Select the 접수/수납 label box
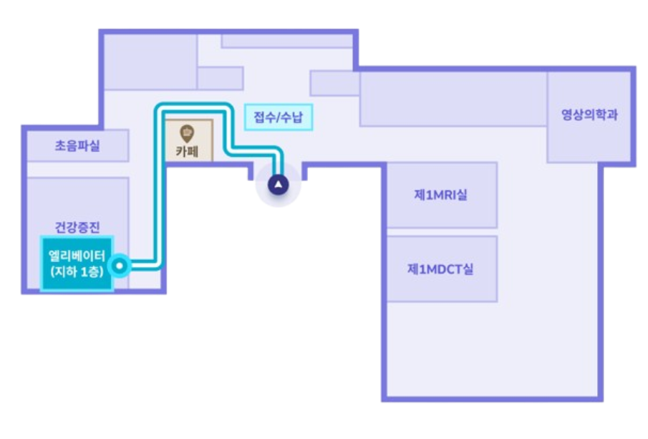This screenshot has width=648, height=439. coord(279,117)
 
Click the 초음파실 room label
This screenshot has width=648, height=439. coord(77,146)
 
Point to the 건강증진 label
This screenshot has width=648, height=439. coord(77,227)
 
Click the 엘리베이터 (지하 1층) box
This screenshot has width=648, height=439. coord(77,264)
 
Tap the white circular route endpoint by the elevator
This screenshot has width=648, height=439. coord(122,266)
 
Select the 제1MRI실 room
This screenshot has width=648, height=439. coord(441,195)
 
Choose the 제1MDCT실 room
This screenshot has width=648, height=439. coord(441,269)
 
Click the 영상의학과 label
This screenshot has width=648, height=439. coord(589,115)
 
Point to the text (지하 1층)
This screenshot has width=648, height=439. coord(77,273)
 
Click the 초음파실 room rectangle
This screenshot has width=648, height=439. coord(77,146)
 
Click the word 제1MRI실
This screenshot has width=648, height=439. coord(441,195)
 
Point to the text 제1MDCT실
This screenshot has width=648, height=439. coord(441,269)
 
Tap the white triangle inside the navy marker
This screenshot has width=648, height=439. coord(278,184)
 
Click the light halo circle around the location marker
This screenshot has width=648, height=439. coord(264,195)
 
